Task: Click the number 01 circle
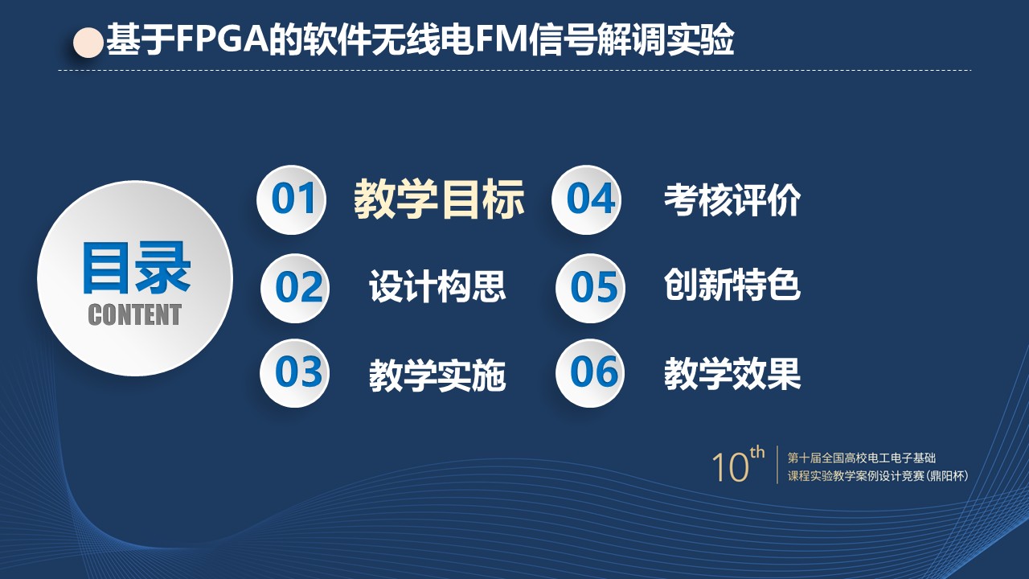pyautogui.click(x=291, y=200)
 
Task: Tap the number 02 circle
pyautogui.click(x=295, y=288)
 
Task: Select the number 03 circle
pyautogui.click(x=294, y=372)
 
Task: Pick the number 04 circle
pyautogui.click(x=587, y=200)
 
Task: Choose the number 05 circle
pyautogui.click(x=590, y=288)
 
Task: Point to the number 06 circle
pyautogui.click(x=590, y=372)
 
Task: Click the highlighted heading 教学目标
pyautogui.click(x=439, y=199)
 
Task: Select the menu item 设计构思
pyautogui.click(x=437, y=285)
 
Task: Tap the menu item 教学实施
pyautogui.click(x=437, y=375)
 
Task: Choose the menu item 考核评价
pyautogui.click(x=732, y=200)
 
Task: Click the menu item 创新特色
pyautogui.click(x=732, y=285)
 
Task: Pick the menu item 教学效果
pyautogui.click(x=732, y=374)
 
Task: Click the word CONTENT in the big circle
pyautogui.click(x=134, y=314)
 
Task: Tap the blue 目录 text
pyautogui.click(x=136, y=268)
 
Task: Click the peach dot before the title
pyautogui.click(x=88, y=43)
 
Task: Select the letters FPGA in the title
pyautogui.click(x=222, y=39)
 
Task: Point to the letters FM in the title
pyautogui.click(x=501, y=39)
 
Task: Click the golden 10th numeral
pyautogui.click(x=738, y=464)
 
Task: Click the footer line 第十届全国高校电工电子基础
pyautogui.click(x=861, y=458)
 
